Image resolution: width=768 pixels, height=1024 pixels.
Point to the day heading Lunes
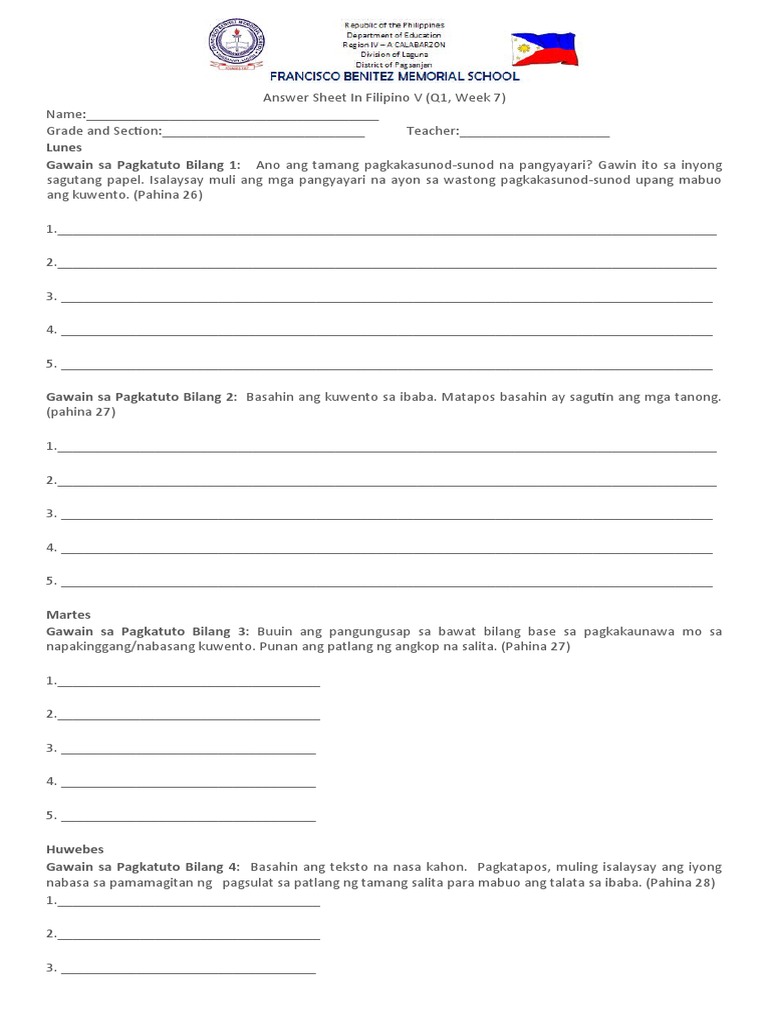tap(64, 147)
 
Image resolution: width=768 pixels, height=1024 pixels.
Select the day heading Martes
tap(68, 614)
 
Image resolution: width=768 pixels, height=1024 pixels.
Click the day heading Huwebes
tap(75, 849)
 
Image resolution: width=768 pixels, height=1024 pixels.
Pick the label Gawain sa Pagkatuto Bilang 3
tap(148, 631)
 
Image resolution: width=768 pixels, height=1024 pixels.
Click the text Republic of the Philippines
tap(394, 24)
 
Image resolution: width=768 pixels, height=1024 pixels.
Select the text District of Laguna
tap(394, 55)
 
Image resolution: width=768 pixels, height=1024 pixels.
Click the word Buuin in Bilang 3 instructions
tap(275, 631)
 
